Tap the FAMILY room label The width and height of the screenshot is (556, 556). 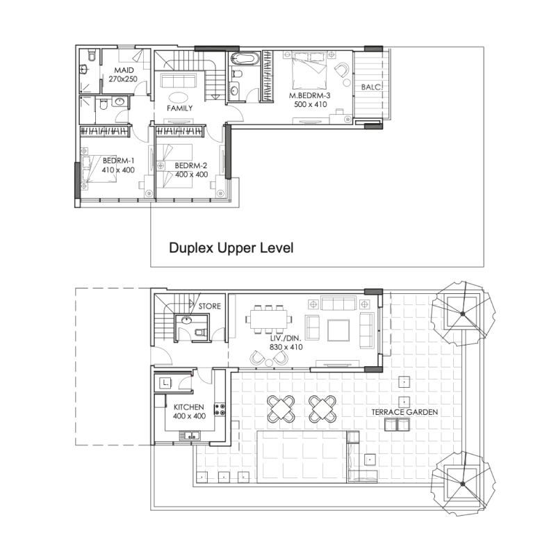(x=179, y=108)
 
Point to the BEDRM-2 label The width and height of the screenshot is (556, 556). (x=191, y=165)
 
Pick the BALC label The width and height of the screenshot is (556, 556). (x=370, y=87)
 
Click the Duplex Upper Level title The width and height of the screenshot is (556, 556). (x=231, y=247)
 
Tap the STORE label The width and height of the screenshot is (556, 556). (x=209, y=306)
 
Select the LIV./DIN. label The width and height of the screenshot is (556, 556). (x=285, y=337)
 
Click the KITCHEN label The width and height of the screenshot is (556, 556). (x=189, y=407)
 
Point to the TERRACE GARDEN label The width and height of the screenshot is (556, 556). (x=405, y=412)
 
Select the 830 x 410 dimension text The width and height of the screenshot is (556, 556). (x=285, y=347)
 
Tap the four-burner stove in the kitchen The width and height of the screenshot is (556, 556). (x=220, y=410)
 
